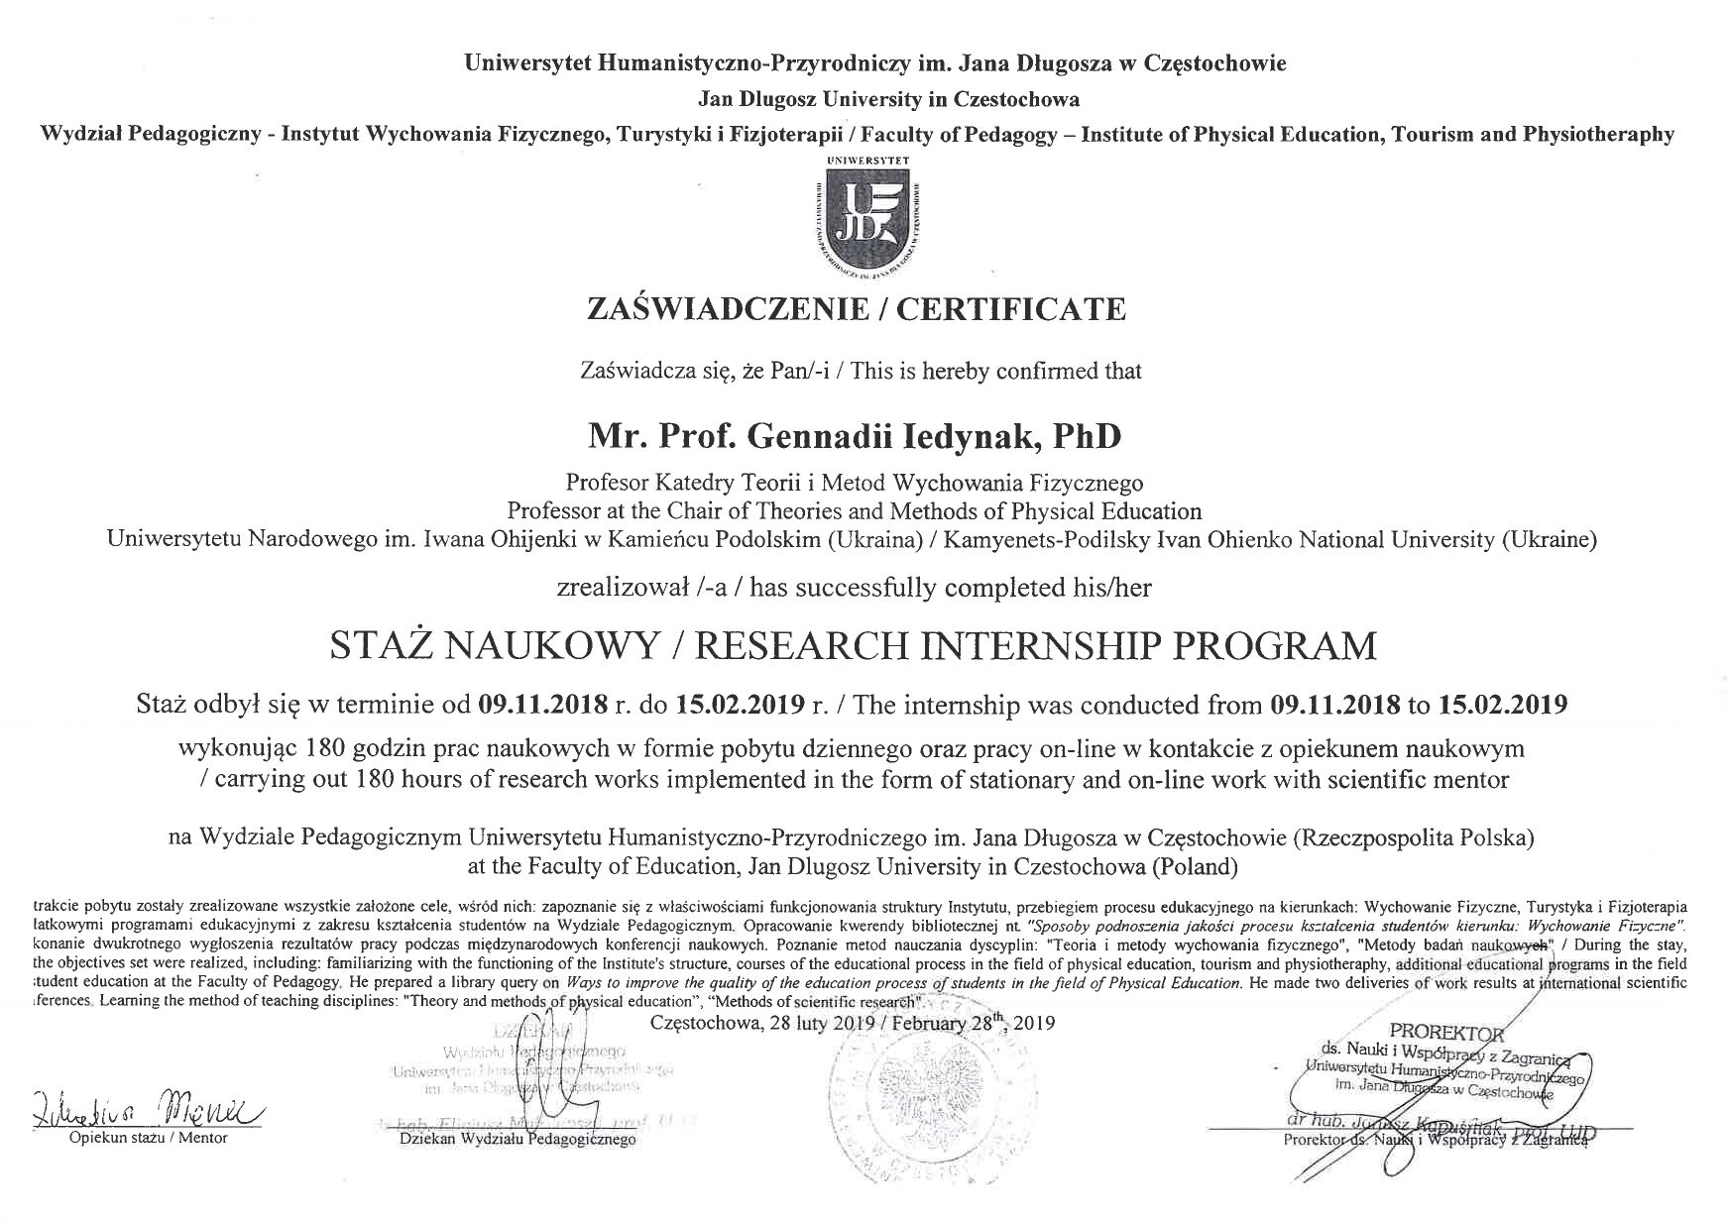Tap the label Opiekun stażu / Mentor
pos(148,1138)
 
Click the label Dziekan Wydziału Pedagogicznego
pos(517,1140)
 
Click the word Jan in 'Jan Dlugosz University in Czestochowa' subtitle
pos(716,99)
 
